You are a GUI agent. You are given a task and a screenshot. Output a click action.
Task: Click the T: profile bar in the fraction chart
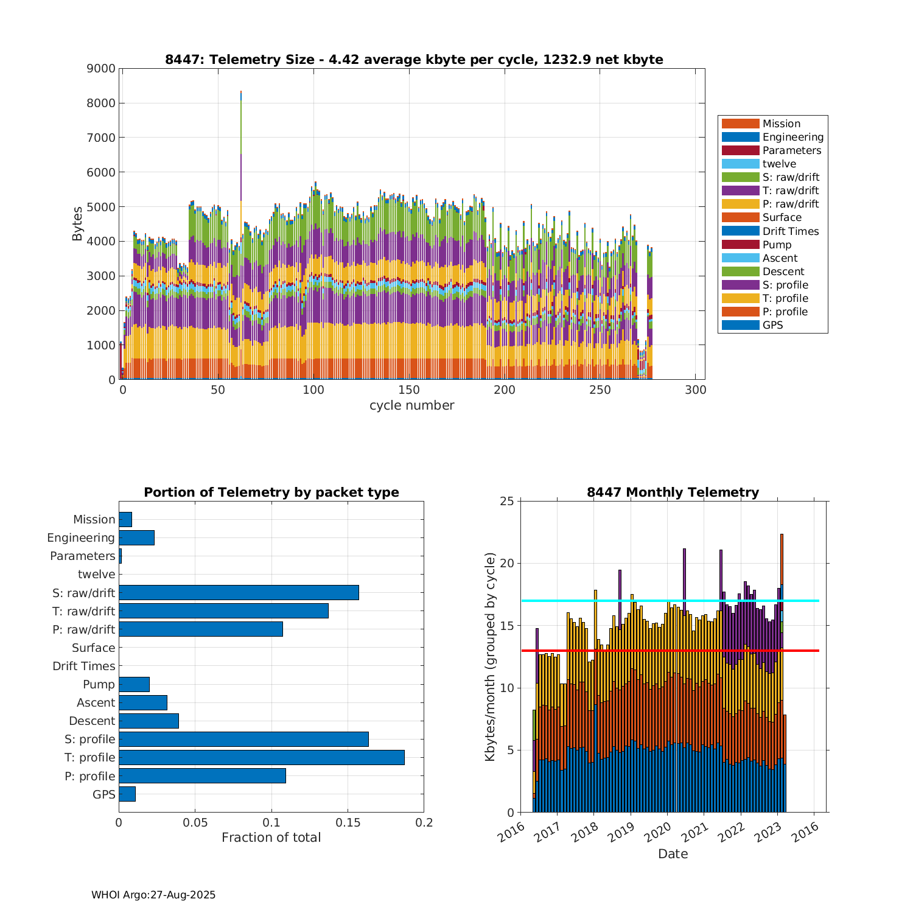pyautogui.click(x=261, y=757)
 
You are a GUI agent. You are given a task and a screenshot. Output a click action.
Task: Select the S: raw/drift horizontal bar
pyautogui.click(x=239, y=592)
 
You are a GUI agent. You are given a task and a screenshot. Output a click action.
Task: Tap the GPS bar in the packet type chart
pyautogui.click(x=127, y=794)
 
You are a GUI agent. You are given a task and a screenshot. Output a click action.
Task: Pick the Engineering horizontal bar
pyautogui.click(x=136, y=537)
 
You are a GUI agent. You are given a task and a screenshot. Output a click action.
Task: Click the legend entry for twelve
pyautogui.click(x=779, y=164)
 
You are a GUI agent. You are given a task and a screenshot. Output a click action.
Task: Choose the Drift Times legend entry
pyautogui.click(x=790, y=231)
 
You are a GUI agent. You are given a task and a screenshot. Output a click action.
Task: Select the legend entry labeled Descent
pyautogui.click(x=783, y=271)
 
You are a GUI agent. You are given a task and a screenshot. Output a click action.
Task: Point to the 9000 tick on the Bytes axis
pyautogui.click(x=101, y=69)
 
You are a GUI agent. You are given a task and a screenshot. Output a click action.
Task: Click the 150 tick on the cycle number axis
pyautogui.click(x=409, y=390)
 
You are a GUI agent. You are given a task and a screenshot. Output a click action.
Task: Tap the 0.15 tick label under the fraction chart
pyautogui.click(x=348, y=823)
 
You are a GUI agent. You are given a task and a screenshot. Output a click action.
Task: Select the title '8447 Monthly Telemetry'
pyautogui.click(x=673, y=492)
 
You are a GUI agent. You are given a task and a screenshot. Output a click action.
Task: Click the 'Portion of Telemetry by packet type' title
pyautogui.click(x=271, y=492)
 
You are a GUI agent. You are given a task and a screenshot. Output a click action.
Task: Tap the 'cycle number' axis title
pyautogui.click(x=411, y=405)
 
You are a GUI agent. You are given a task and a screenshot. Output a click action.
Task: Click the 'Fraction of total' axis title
pyautogui.click(x=271, y=838)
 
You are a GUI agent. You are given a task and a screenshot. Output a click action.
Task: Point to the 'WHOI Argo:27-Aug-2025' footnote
pyautogui.click(x=153, y=895)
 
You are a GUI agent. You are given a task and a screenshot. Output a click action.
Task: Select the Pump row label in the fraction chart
pyautogui.click(x=99, y=684)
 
